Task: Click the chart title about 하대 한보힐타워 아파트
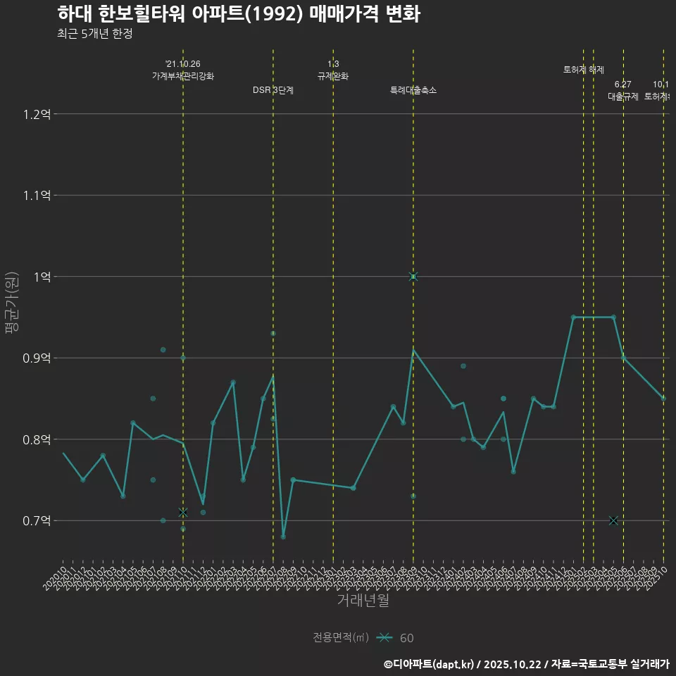click(x=238, y=14)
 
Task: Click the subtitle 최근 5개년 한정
click(x=94, y=34)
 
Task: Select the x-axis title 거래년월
click(x=363, y=601)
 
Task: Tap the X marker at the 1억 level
click(x=413, y=277)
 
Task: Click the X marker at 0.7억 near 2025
click(x=613, y=520)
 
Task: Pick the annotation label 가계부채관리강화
click(x=183, y=76)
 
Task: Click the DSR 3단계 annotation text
click(x=273, y=90)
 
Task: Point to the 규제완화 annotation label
click(x=333, y=76)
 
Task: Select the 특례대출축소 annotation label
click(x=413, y=90)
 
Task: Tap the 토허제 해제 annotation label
click(x=584, y=70)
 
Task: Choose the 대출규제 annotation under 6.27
click(x=623, y=96)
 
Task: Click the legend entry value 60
click(x=406, y=638)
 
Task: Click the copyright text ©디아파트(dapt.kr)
click(x=430, y=664)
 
